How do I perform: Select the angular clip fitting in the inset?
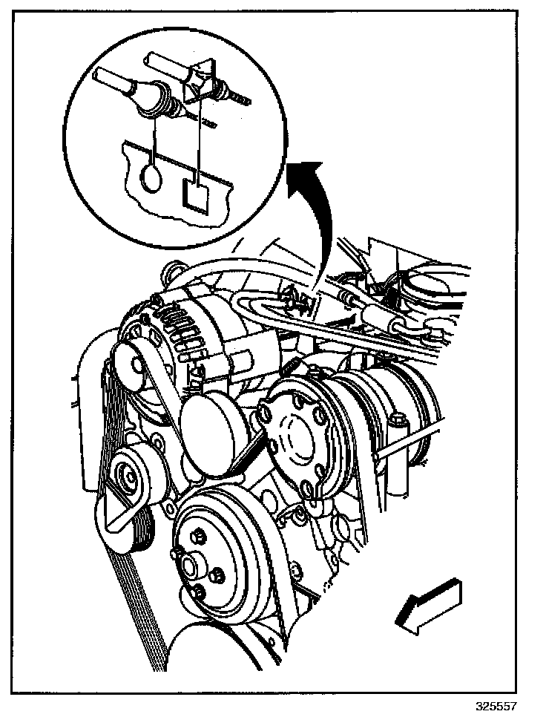(x=199, y=82)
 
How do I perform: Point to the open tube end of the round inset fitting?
(x=99, y=74)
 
